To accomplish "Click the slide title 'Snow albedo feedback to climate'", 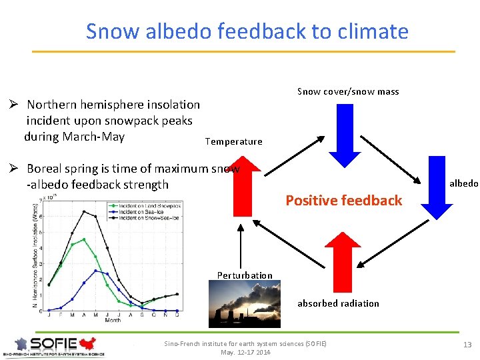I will click(247, 31).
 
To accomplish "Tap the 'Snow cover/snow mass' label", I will click(348, 91).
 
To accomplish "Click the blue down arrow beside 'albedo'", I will click(437, 187).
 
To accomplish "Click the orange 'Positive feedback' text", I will click(343, 200).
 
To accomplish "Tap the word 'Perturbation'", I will click(245, 275).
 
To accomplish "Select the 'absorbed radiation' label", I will click(338, 303).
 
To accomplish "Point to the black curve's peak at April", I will click(83, 211).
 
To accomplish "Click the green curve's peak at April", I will click(83, 239).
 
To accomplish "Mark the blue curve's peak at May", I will click(95, 271).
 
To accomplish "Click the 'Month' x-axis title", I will click(112, 321).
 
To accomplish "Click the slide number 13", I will click(467, 344).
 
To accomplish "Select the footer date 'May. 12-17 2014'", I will click(245, 352).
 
